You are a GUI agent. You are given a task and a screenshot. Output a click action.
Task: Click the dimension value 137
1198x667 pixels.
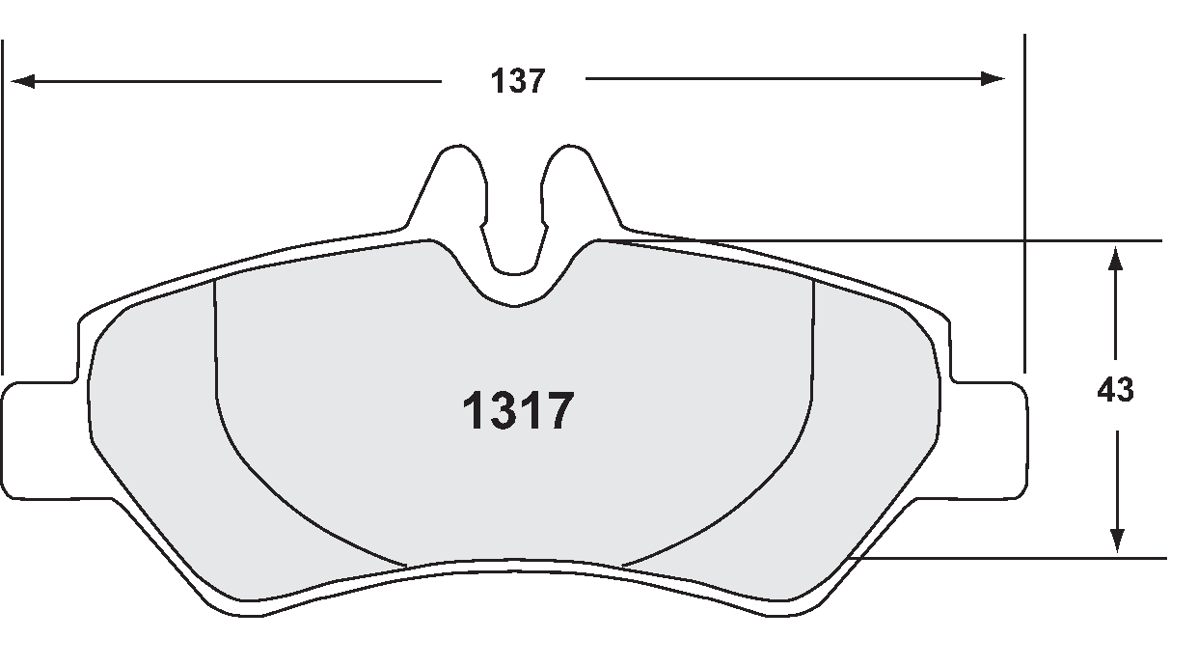click(518, 81)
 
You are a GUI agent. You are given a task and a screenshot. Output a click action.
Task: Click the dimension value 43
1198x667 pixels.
click(1115, 390)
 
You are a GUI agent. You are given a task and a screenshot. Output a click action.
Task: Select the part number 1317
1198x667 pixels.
click(519, 411)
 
